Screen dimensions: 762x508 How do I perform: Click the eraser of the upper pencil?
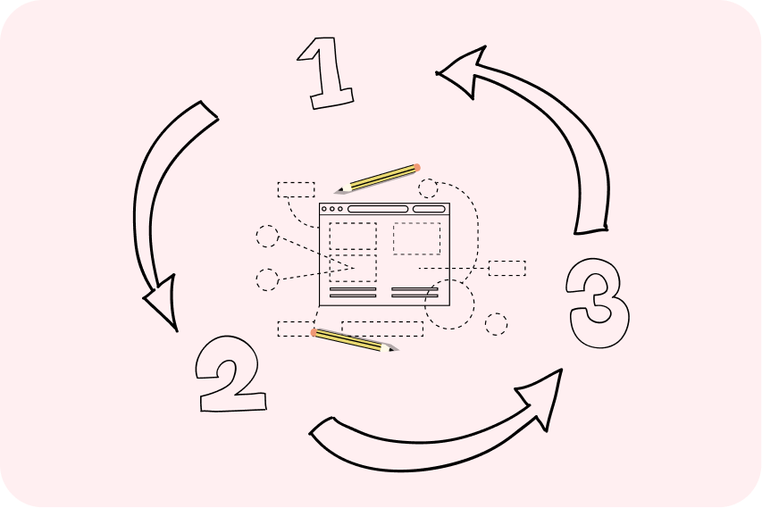[416, 168]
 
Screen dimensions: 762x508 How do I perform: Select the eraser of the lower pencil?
[314, 332]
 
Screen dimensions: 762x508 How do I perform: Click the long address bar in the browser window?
[378, 209]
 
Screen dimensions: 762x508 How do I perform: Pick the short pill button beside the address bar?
[429, 209]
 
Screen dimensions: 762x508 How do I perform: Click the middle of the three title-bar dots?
[332, 209]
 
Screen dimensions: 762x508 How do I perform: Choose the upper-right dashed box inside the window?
[417, 238]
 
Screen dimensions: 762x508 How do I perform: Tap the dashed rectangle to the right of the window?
[507, 269]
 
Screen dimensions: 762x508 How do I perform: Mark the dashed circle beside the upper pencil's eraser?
[428, 188]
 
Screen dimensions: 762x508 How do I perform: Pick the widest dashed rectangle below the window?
[382, 329]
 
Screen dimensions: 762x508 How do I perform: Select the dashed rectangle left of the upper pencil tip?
[296, 190]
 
